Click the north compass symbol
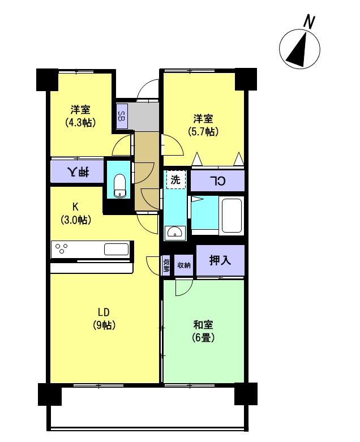click(299, 49)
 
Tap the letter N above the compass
click(309, 22)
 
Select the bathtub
click(232, 216)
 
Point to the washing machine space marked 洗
click(175, 179)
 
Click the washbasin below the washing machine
click(175, 233)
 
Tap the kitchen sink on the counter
click(116, 249)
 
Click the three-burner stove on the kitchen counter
click(62, 249)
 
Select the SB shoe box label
click(121, 117)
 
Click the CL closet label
click(217, 181)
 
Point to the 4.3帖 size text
click(80, 122)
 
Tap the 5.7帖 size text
click(203, 131)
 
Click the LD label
click(104, 312)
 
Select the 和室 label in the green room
click(203, 325)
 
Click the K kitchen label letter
click(75, 207)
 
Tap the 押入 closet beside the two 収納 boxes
click(220, 260)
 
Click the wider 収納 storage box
click(183, 265)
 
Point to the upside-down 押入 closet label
click(78, 171)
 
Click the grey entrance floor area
click(143, 117)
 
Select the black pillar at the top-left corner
click(47, 80)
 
